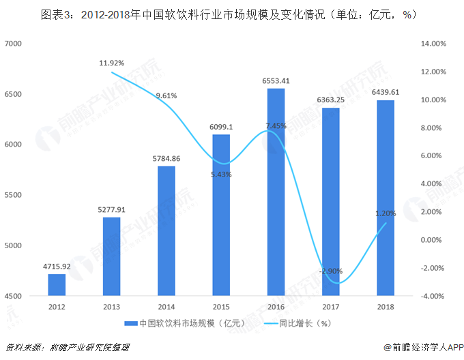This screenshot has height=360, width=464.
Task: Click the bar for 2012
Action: coord(57,284)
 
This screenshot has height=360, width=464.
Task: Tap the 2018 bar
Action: coord(386,198)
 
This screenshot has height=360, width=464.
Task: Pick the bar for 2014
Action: coord(166,231)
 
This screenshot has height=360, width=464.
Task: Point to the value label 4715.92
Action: coord(57,267)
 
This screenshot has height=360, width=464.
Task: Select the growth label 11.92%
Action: coord(112,63)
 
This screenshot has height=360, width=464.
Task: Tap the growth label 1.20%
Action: coord(386,213)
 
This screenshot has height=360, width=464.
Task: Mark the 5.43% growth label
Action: coord(221,175)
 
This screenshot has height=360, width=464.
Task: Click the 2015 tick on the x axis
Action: coord(221,306)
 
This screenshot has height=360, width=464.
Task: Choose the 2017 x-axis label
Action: coord(330,306)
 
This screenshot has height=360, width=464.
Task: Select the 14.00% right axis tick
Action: coord(434,44)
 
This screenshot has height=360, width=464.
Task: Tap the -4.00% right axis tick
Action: coord(434,296)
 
